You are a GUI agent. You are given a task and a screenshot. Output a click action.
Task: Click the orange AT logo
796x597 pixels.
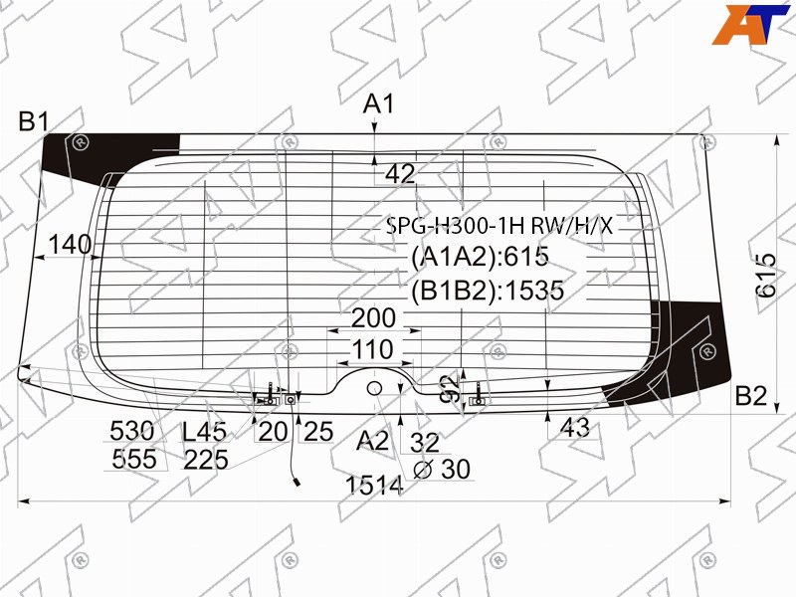[750, 24]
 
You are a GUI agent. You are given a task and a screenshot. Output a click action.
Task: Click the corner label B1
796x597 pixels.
[34, 121]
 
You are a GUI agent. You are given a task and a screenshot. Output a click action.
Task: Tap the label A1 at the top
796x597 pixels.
[379, 104]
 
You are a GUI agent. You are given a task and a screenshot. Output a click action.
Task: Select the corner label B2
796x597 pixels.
[750, 396]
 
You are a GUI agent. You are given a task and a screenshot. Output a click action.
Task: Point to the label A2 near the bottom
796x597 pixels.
[372, 441]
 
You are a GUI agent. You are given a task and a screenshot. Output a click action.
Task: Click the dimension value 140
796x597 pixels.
[70, 245]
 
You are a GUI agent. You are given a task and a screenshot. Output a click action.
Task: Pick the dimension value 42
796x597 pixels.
[400, 174]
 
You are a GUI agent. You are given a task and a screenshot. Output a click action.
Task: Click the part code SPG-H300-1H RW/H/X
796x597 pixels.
[499, 226]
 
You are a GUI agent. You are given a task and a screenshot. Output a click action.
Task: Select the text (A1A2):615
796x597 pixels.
[481, 257]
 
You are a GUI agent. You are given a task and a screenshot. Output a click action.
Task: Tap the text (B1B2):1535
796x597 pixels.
[488, 291]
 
